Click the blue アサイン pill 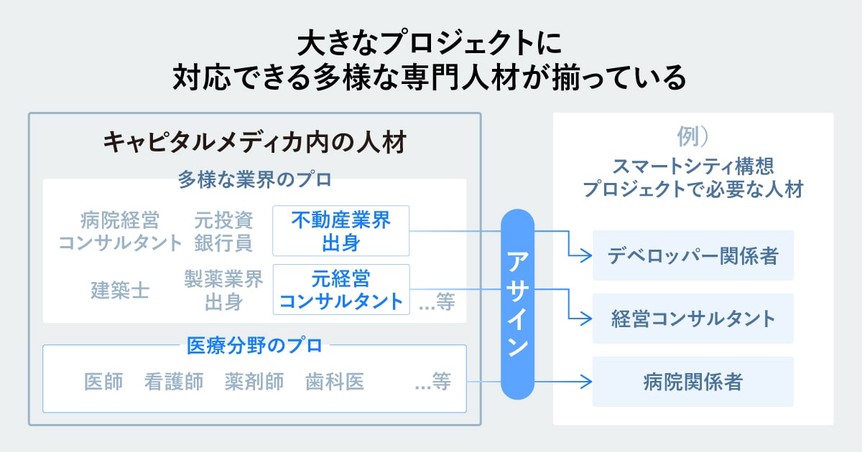click(518, 303)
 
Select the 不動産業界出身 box click(340, 231)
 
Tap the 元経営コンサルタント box click(340, 289)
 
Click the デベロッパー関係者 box click(692, 255)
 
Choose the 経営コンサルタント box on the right click(692, 319)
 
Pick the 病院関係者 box click(692, 382)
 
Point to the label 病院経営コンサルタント click(120, 231)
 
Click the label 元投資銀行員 click(223, 231)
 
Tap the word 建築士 click(120, 290)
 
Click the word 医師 click(103, 382)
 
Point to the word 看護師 click(173, 382)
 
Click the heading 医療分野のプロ click(254, 346)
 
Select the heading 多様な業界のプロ click(254, 179)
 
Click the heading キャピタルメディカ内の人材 click(254, 141)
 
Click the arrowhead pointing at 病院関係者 click(586, 382)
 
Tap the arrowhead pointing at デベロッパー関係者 click(586, 255)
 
